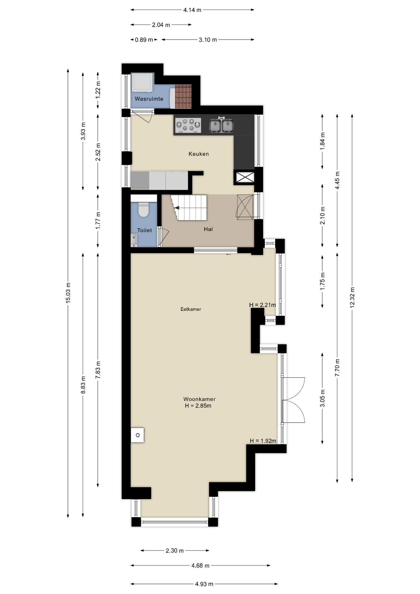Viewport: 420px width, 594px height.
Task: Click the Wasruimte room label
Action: point(149,99)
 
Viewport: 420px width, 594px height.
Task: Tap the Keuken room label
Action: point(199,154)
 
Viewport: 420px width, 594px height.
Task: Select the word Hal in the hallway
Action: point(208,229)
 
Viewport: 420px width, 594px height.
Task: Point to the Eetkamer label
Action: point(191,309)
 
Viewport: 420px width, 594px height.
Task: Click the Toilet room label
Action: point(144,230)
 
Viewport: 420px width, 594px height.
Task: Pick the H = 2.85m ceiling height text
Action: point(198,406)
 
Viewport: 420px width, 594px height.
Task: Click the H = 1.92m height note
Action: point(263,441)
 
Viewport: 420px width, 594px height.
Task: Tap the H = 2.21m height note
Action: point(262,305)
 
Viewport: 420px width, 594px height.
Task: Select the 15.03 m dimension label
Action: point(68,293)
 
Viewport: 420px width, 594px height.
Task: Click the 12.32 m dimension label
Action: point(352,297)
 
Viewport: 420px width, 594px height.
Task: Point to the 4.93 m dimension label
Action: point(204,584)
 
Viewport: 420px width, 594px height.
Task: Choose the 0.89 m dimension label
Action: point(144,40)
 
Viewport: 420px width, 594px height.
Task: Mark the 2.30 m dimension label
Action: point(175,551)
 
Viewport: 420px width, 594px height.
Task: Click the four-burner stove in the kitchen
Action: point(188,125)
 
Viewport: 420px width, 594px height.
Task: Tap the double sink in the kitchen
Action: point(221,125)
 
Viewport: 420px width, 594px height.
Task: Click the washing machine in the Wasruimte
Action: point(142,82)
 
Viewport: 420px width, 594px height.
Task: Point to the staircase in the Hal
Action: point(189,207)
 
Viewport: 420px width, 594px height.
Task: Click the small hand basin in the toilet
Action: point(134,240)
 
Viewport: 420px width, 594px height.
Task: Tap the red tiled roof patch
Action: point(183,96)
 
